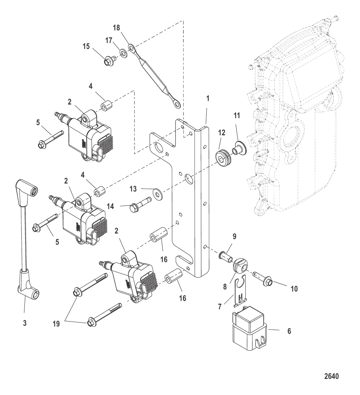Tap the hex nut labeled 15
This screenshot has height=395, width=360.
click(108, 62)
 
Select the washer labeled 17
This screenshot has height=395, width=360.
click(123, 53)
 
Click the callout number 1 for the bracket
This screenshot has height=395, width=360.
click(208, 99)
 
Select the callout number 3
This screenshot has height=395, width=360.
click(25, 323)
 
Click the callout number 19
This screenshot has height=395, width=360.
click(56, 324)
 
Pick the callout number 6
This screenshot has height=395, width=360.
click(289, 330)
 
